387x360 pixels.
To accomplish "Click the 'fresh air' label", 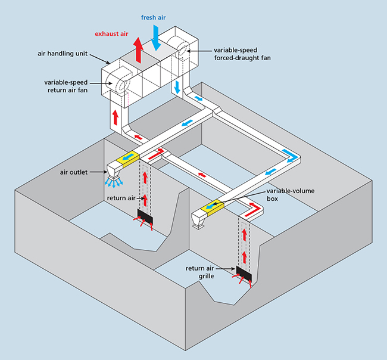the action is (x=153, y=17).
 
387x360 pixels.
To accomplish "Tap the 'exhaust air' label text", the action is (x=111, y=34).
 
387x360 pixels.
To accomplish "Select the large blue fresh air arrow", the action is (x=156, y=38).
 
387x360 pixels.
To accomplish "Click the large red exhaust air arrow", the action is (x=139, y=50).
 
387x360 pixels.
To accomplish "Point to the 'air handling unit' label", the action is (x=63, y=54).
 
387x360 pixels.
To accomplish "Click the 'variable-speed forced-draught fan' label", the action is (x=242, y=54).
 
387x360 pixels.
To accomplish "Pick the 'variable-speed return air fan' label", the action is (x=66, y=86).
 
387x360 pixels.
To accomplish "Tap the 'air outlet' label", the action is (x=74, y=172).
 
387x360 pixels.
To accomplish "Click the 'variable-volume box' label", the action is (x=291, y=195).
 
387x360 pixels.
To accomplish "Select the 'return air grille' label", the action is (x=200, y=272).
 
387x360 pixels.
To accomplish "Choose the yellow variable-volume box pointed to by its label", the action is (x=212, y=207).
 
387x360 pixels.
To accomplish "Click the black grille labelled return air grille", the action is (x=244, y=274).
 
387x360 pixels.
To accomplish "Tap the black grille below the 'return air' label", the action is (x=145, y=217).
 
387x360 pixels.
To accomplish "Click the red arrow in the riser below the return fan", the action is (x=116, y=117).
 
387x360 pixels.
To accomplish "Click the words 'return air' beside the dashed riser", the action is (x=121, y=198).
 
